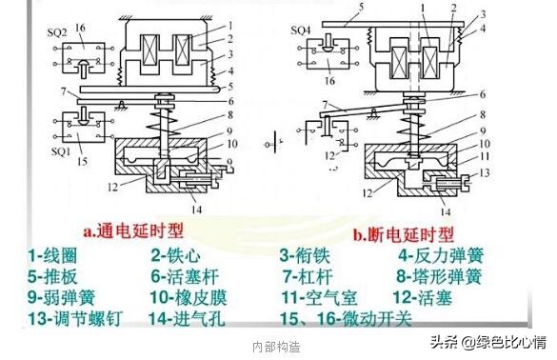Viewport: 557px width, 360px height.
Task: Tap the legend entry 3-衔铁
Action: tap(308, 255)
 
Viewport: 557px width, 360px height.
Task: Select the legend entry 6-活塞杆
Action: tap(186, 277)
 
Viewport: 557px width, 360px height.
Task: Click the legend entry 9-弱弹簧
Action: tap(58, 298)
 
